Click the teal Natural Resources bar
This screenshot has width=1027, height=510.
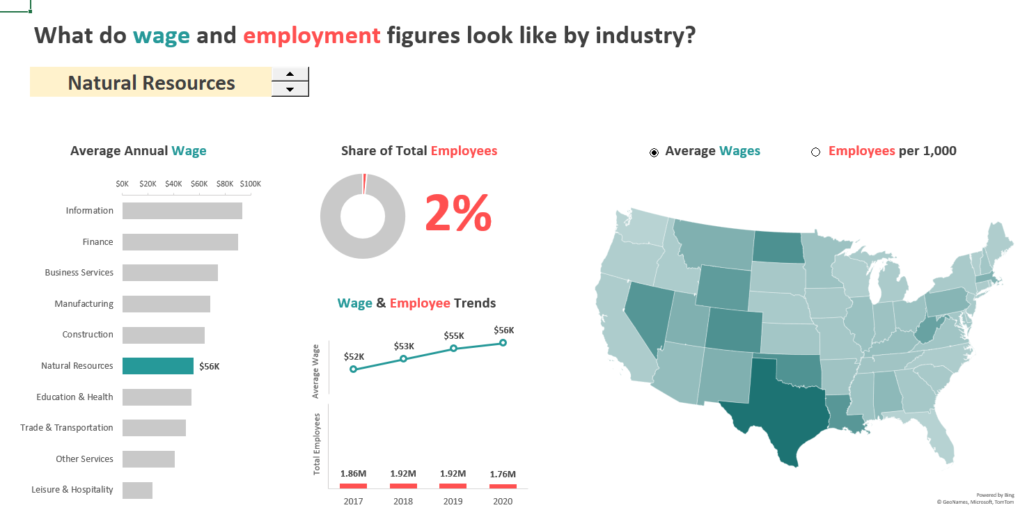point(158,366)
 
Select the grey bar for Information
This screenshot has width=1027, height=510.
point(182,211)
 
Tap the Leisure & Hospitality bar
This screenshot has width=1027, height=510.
point(137,490)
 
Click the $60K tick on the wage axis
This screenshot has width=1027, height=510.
point(199,184)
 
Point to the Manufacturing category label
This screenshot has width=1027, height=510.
point(84,304)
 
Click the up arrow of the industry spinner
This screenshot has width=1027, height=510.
point(290,74)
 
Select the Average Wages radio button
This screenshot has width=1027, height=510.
point(654,152)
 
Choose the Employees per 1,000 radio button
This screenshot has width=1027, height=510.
point(815,152)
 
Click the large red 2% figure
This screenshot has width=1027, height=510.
point(458,213)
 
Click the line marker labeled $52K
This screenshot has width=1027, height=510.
point(353,369)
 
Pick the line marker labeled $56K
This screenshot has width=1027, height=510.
point(503,342)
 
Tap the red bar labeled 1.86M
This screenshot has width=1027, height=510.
point(353,486)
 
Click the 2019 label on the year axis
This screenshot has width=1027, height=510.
point(453,501)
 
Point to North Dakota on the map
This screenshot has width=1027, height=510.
point(778,246)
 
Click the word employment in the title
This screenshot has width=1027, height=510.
point(312,35)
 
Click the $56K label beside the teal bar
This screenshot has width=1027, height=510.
point(210,366)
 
